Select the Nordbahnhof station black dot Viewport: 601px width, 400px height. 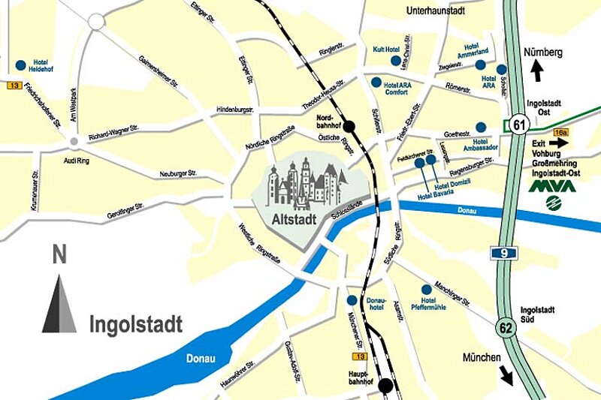[349, 127]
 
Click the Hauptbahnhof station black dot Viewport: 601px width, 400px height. [386, 386]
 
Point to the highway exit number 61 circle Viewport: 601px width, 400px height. [516, 125]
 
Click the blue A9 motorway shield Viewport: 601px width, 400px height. [503, 254]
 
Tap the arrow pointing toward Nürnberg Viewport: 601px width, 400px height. [536, 71]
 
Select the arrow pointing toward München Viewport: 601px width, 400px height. [506, 374]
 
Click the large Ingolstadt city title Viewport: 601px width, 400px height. [135, 325]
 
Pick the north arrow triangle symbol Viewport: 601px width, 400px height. [59, 304]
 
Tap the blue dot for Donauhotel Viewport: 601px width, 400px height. [352, 300]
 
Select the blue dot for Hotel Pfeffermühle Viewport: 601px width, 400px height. [427, 290]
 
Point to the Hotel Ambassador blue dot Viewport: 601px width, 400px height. [482, 127]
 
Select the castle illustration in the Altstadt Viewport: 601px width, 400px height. [308, 185]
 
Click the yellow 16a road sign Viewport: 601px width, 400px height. [560, 132]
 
